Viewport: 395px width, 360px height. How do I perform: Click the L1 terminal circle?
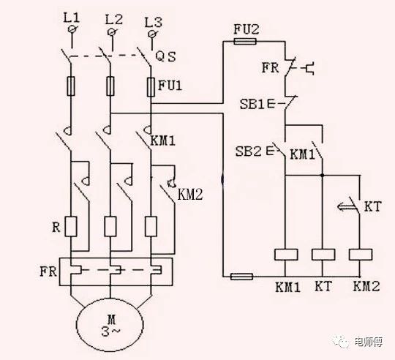point(72,29)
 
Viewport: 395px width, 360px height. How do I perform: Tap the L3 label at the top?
point(153,23)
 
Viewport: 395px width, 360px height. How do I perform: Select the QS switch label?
point(165,57)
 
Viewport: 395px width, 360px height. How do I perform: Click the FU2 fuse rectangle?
point(245,41)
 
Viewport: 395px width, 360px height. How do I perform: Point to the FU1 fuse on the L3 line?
point(151,87)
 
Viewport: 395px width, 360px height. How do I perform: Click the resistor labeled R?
point(71,226)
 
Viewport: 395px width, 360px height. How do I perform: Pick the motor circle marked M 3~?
point(110,325)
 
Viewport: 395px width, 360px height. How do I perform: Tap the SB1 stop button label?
point(252,104)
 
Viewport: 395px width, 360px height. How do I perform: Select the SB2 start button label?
point(248,151)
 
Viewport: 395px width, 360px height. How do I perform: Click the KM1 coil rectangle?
point(286,255)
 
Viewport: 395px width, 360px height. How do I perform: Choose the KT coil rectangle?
point(323,255)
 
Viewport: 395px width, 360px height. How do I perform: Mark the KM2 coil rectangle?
point(361,255)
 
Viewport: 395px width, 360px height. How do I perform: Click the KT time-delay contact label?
point(373,206)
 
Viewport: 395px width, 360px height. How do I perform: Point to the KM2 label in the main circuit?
point(190,195)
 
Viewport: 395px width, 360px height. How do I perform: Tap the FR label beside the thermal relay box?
point(48,271)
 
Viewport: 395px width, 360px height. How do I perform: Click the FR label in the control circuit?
point(271,68)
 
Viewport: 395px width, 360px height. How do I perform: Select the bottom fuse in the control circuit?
point(242,277)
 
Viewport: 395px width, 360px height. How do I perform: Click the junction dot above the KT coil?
point(323,175)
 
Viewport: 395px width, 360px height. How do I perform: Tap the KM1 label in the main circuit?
point(162,141)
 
